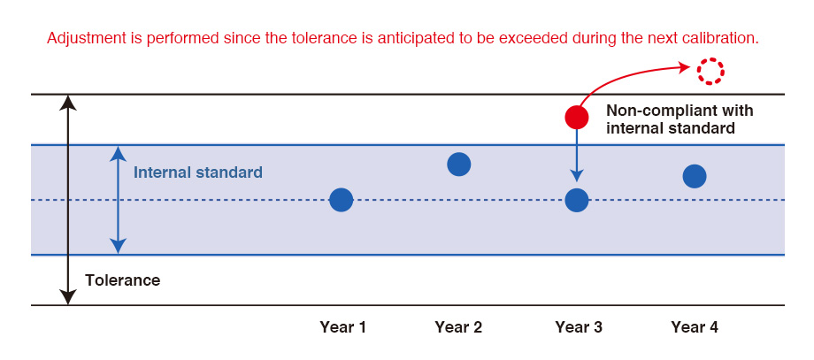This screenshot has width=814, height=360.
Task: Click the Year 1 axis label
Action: click(343, 327)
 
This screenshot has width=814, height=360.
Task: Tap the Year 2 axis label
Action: click(458, 327)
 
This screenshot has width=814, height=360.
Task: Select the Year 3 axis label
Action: click(579, 327)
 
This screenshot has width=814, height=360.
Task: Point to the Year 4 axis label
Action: click(695, 327)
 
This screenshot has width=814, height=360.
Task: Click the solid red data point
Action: click(577, 117)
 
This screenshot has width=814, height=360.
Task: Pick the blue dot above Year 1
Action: click(341, 200)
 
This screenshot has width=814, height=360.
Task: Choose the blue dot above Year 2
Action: click(459, 165)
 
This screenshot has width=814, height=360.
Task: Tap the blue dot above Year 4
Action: click(695, 176)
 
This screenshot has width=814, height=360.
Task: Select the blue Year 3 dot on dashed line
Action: click(577, 200)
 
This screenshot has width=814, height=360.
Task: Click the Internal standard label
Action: click(198, 172)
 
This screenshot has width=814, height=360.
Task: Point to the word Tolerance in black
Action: click(122, 280)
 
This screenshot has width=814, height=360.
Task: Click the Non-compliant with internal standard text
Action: click(680, 119)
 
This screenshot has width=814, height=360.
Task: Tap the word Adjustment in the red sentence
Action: click(81, 38)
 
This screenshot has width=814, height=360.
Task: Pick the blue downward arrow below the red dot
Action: click(577, 155)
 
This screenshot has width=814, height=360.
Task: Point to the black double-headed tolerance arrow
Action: click(67, 200)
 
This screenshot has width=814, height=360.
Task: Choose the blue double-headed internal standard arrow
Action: click(119, 200)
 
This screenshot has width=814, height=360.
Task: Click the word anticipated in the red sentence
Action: click(408, 38)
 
